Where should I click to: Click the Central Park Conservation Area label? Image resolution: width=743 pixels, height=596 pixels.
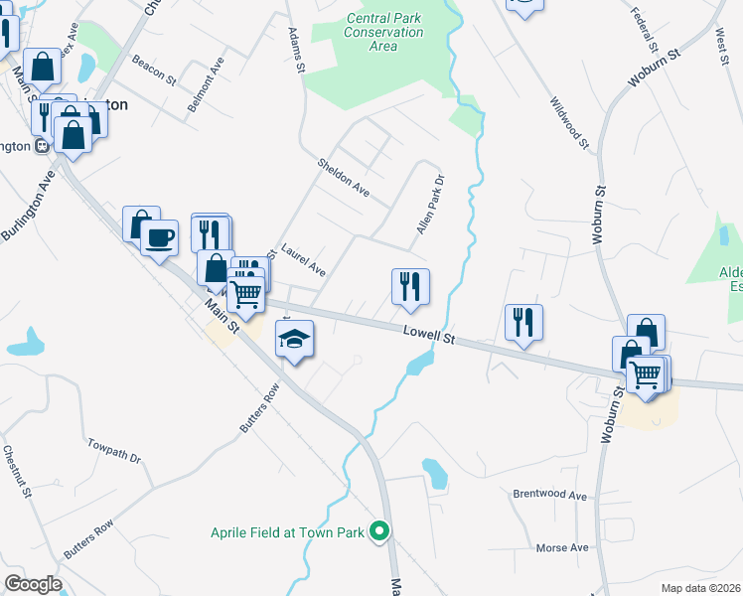click(x=384, y=32)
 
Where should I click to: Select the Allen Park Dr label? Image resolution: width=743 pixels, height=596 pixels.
click(x=429, y=205)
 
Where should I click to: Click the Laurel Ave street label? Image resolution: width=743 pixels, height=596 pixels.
click(x=303, y=261)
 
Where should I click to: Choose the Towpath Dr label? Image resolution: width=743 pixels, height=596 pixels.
click(x=114, y=450)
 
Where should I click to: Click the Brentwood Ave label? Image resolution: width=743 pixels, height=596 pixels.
click(x=550, y=494)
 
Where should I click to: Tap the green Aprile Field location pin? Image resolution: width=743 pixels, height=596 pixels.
click(x=378, y=532)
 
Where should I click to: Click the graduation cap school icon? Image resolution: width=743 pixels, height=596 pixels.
click(x=294, y=339)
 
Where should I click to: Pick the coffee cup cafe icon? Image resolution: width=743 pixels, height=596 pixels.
click(x=159, y=237)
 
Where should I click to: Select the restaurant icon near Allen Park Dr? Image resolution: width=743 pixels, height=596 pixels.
click(x=410, y=286)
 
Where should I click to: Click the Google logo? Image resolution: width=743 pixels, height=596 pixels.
click(x=33, y=584)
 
